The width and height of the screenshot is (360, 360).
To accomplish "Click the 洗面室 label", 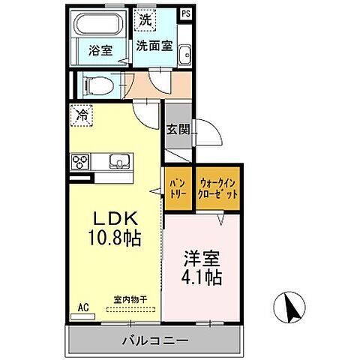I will pos(154,45).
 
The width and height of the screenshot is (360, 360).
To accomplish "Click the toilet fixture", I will pos(96,86).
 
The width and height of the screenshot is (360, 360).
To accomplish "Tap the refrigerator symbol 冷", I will pos(81,115).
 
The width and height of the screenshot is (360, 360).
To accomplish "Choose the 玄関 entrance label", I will pos(178,129).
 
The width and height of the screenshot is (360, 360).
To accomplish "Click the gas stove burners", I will pos(80,161).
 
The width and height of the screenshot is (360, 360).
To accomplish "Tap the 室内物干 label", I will pos(130,299).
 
